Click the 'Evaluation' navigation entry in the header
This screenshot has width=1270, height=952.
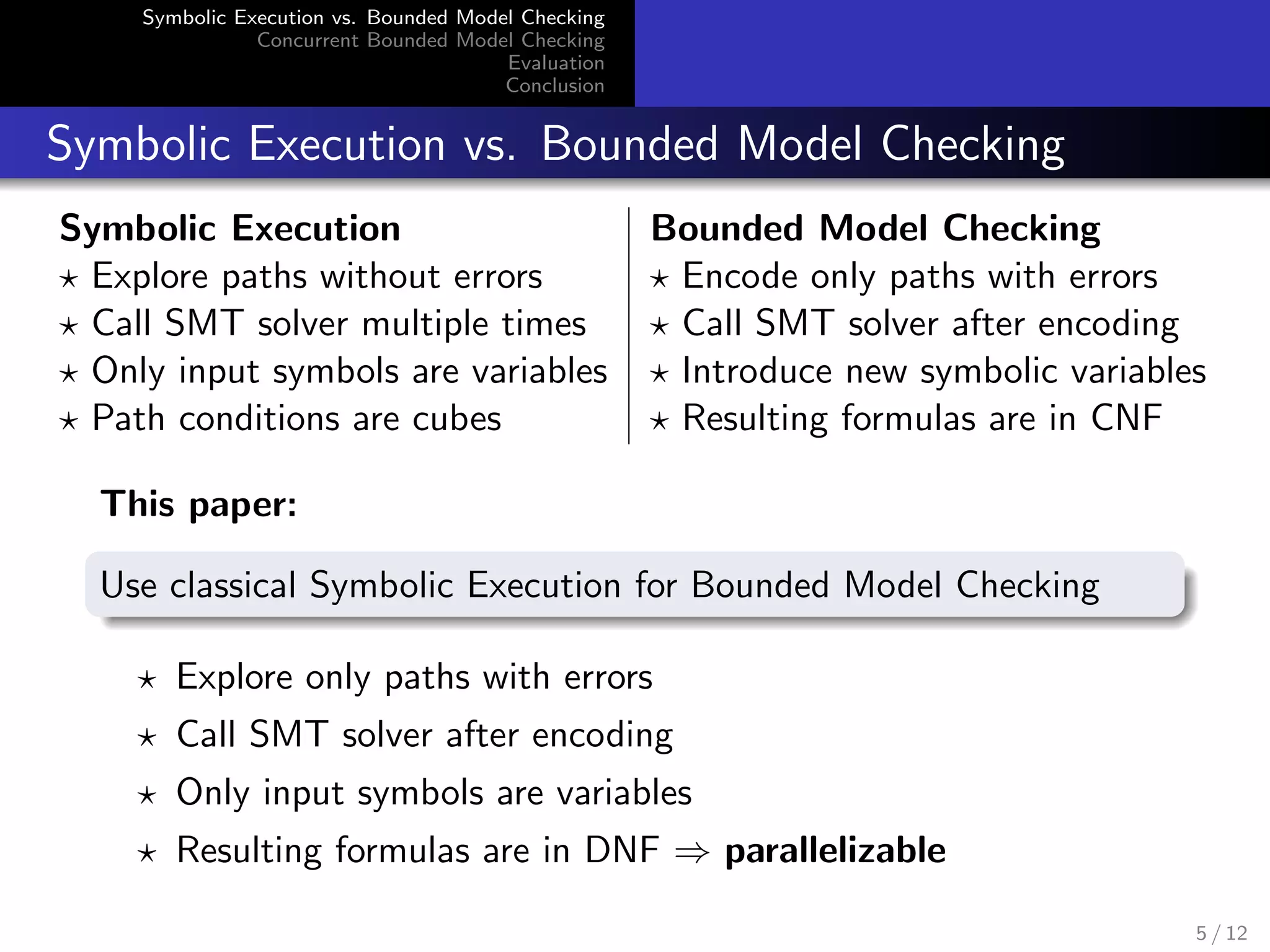point(556,63)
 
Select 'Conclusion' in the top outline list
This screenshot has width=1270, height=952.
point(554,86)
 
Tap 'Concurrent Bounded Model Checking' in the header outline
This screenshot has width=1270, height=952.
point(430,40)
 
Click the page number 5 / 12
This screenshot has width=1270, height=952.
point(1221,933)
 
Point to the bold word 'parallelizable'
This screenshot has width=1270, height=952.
point(835,850)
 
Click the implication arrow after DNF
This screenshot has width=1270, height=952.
point(692,853)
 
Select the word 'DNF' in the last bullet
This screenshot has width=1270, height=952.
point(621,850)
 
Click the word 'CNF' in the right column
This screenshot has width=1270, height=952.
point(1126,418)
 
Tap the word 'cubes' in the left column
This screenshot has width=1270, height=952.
point(456,419)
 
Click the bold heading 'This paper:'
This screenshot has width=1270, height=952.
point(198,503)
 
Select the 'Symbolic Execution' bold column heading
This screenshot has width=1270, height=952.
point(230,228)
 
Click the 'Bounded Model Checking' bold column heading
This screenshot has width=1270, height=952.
point(875,228)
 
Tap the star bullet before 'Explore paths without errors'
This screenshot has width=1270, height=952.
point(69,280)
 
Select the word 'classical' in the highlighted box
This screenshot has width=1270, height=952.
point(233,585)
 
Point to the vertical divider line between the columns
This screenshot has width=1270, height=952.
point(629,325)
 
